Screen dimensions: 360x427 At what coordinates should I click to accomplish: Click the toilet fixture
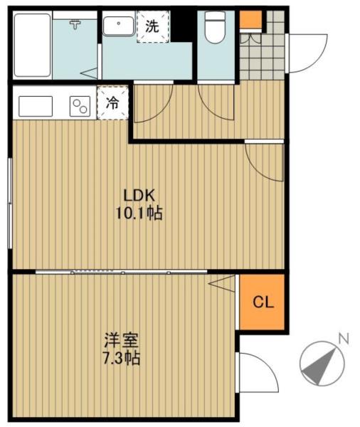click(x=215, y=27)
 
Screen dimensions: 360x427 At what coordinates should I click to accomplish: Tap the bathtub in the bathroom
click(x=33, y=46)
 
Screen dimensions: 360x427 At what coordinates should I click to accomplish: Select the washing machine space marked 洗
click(x=153, y=27)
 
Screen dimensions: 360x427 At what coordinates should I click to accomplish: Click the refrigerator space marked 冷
click(x=112, y=103)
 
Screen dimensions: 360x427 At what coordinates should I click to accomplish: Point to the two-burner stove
click(x=80, y=106)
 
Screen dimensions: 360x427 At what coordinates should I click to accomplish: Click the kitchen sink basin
click(x=36, y=106)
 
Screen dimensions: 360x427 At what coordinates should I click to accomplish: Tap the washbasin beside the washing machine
click(x=119, y=26)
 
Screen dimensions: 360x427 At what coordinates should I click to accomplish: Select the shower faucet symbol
click(x=75, y=24)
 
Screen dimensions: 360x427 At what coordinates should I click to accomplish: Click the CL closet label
click(x=263, y=302)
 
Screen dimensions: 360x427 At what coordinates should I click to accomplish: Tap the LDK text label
click(x=139, y=195)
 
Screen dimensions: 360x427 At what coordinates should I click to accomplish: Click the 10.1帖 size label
click(x=139, y=213)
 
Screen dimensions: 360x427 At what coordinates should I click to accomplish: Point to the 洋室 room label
click(x=122, y=340)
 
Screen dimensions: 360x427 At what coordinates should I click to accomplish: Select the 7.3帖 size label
click(x=122, y=358)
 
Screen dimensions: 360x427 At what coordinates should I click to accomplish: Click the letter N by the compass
click(x=344, y=339)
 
